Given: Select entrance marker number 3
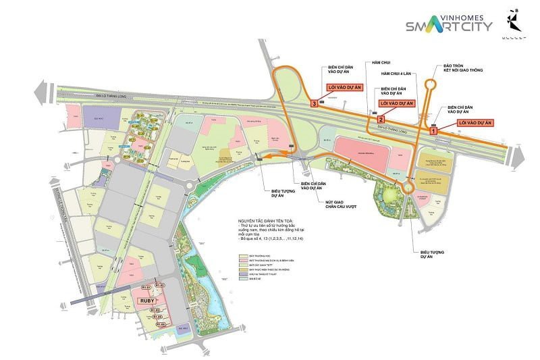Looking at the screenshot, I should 314,104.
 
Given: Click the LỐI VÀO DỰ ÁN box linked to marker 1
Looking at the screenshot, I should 475,122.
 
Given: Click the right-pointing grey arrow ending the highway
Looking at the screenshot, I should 519,157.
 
